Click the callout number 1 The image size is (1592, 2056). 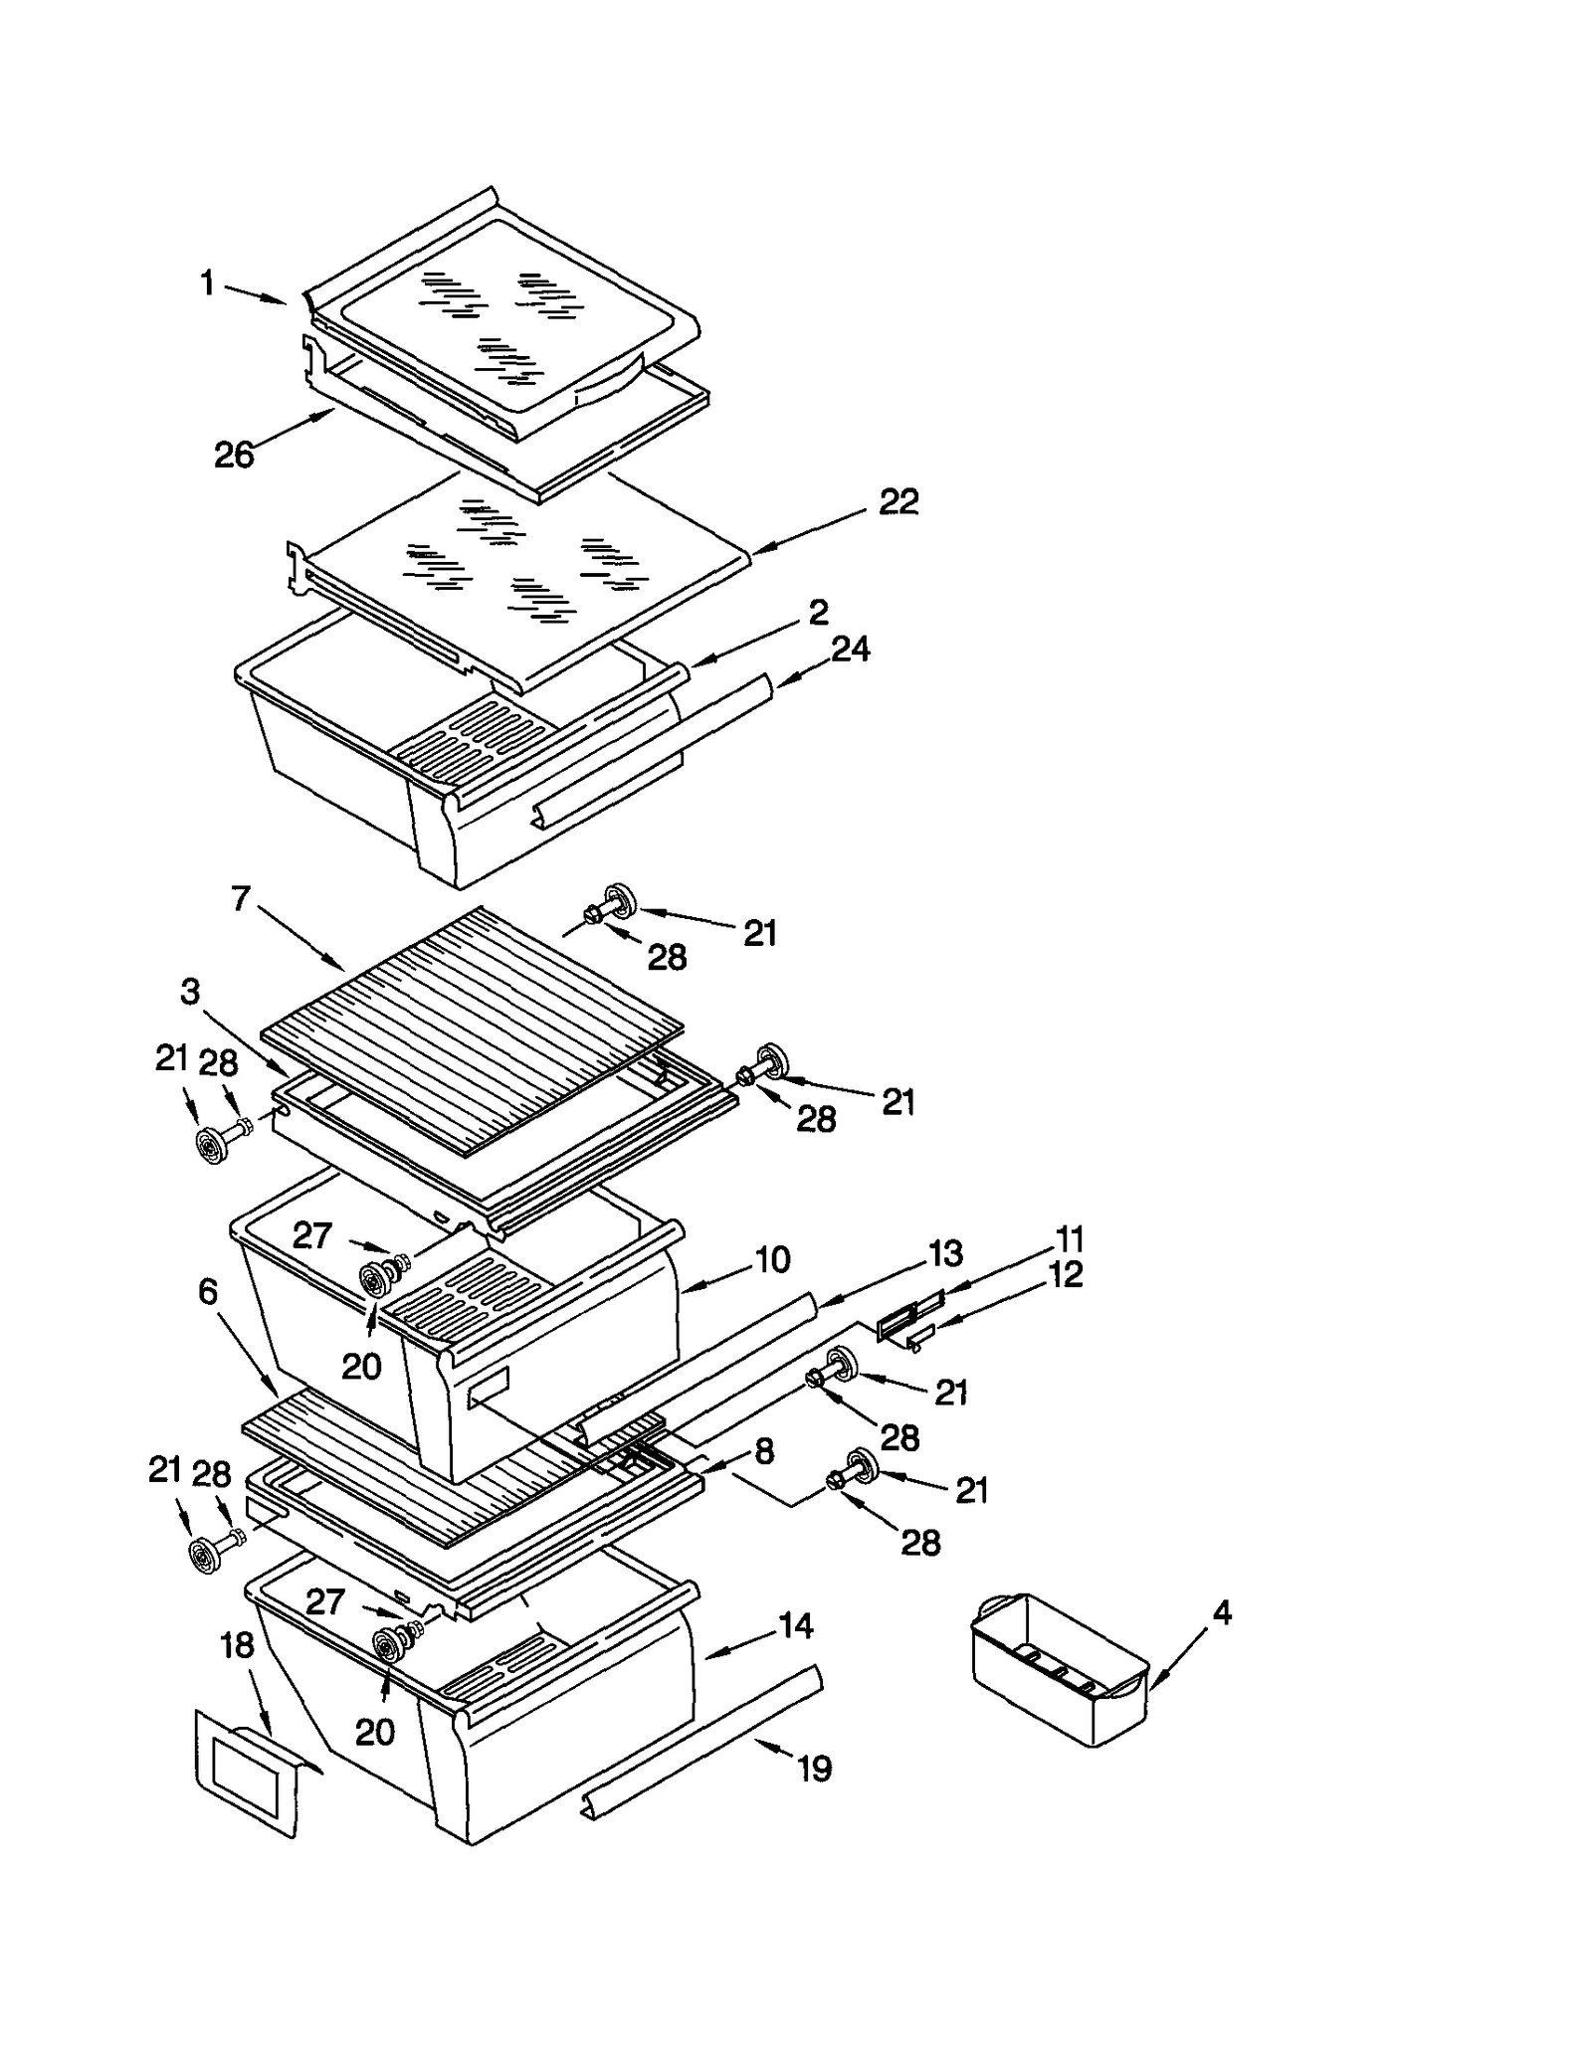click(207, 284)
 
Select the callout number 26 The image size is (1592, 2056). click(235, 456)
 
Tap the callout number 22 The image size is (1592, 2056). click(898, 502)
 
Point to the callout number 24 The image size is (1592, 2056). click(851, 650)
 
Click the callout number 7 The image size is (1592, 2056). click(241, 899)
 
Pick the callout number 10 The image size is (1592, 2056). click(772, 1260)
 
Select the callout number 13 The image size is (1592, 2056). click(944, 1253)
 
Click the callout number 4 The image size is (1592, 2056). click(1222, 1612)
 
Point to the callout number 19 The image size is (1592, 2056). click(814, 1770)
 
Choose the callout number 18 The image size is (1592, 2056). click(237, 1646)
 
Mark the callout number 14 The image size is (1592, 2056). click(796, 1626)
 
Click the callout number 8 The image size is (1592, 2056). click(764, 1451)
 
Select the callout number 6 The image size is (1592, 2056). click(208, 1292)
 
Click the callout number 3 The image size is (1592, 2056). click(190, 992)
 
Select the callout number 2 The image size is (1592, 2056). click(818, 612)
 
